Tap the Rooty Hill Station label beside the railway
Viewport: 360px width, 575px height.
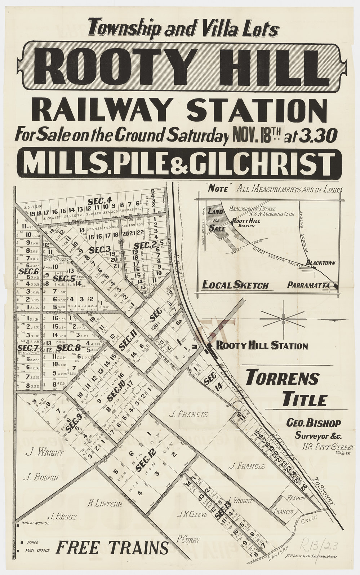(x=262, y=346)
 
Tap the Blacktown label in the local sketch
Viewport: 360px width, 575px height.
(x=321, y=263)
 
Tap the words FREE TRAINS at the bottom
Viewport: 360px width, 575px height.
(x=112, y=548)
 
